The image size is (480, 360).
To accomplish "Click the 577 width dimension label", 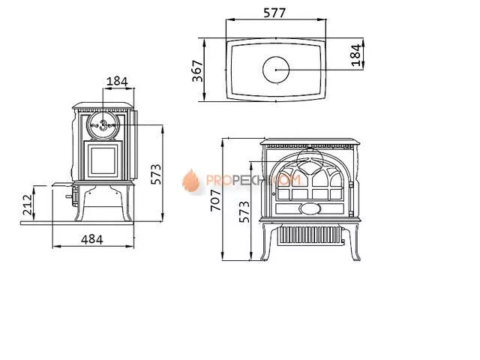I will pyautogui.click(x=277, y=13).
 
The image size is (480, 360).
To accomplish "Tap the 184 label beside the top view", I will pyautogui.click(x=356, y=52).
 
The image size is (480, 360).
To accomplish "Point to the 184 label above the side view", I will pyautogui.click(x=116, y=80).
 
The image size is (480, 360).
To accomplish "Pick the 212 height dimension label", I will pyautogui.click(x=27, y=202).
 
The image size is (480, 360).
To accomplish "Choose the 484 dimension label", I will pyautogui.click(x=91, y=239).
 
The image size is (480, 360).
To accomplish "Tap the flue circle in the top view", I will pyautogui.click(x=277, y=70).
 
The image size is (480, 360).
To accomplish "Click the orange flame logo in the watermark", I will pyautogui.click(x=190, y=181).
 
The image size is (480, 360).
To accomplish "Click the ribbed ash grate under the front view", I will pyautogui.click(x=308, y=235).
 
